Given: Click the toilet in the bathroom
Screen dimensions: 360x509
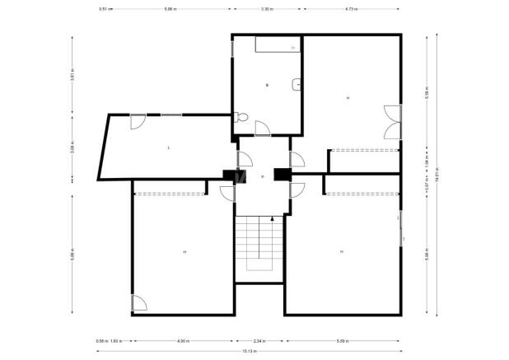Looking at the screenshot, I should pyautogui.click(x=240, y=118).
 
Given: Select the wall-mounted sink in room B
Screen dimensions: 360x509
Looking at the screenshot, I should pyautogui.click(x=297, y=84).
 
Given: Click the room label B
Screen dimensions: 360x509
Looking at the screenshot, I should pyautogui.click(x=267, y=85).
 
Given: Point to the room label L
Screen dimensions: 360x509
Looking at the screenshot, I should pyautogui.click(x=169, y=147).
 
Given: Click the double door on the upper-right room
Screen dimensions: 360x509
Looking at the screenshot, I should pyautogui.click(x=391, y=123).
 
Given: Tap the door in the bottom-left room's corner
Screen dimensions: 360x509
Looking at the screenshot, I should pyautogui.click(x=139, y=303).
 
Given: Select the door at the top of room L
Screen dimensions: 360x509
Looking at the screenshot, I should pyautogui.click(x=138, y=121).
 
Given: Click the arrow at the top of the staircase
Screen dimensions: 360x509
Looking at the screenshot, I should pyautogui.click(x=271, y=218).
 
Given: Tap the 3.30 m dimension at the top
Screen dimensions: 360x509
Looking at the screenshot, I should pyautogui.click(x=267, y=9).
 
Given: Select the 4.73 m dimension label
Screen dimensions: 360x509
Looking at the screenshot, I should pyautogui.click(x=352, y=9).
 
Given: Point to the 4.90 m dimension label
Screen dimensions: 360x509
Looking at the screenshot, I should pyautogui.click(x=183, y=340).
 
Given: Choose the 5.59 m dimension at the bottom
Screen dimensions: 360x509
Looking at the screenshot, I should pyautogui.click(x=343, y=340).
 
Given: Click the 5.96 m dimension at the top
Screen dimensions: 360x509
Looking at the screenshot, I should pyautogui.click(x=170, y=9).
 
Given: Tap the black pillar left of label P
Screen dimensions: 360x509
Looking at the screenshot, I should pyautogui.click(x=228, y=175).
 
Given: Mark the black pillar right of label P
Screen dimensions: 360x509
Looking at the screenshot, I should pyautogui.click(x=282, y=174).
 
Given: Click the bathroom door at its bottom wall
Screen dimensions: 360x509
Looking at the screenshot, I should pyautogui.click(x=263, y=128).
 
